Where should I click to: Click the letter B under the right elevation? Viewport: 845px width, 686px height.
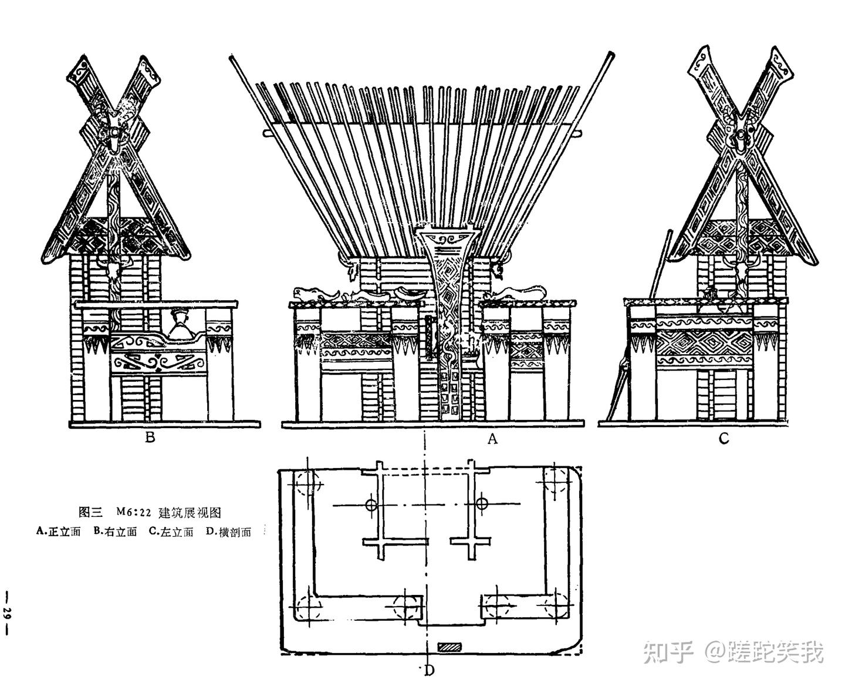[x=150, y=438]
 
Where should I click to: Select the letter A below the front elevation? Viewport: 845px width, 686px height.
[x=492, y=438]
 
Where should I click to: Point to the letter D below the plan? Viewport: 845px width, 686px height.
[x=430, y=670]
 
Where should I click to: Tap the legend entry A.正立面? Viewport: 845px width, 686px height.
[x=58, y=532]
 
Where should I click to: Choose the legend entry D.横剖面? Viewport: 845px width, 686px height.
[x=229, y=532]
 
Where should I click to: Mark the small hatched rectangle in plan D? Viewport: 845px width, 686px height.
[x=450, y=647]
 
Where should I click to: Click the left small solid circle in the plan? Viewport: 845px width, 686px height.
[x=370, y=504]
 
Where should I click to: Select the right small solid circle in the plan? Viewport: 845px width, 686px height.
[x=482, y=503]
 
